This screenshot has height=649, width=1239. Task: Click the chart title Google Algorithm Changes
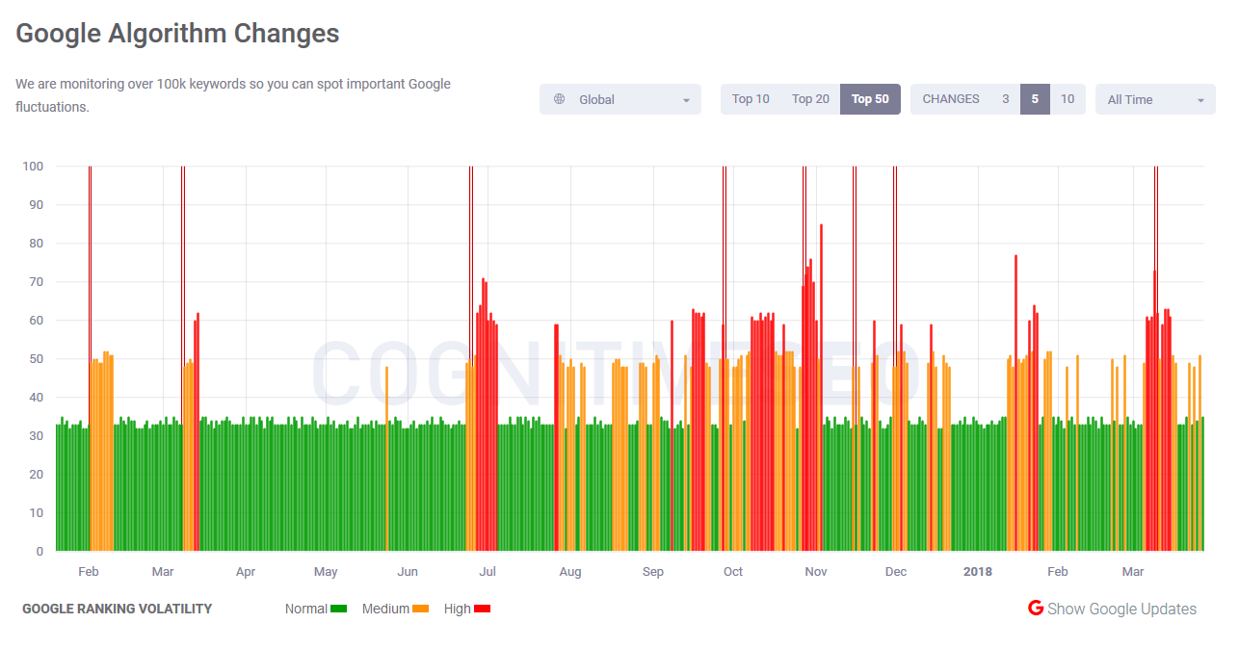177,34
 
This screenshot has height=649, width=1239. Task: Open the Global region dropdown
620,99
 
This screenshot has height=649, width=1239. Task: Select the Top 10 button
751,99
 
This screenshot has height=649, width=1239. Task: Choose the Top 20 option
810,99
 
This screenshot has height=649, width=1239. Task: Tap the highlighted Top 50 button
870,99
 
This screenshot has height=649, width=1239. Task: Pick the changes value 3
1005,99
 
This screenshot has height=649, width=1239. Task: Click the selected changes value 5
1035,99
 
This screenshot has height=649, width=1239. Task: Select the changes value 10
1068,99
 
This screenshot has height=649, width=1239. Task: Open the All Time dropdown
1155,99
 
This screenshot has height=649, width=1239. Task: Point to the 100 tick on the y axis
33,167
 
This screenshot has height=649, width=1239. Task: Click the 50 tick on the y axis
37,359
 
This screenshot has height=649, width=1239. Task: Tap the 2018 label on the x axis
977,572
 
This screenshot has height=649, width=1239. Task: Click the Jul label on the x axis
488,572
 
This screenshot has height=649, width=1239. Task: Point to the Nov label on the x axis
816,572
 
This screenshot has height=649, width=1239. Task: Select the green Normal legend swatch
338,609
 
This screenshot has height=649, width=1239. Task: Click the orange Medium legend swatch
420,609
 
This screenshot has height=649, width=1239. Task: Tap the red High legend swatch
483,609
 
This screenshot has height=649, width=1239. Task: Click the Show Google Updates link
1121,609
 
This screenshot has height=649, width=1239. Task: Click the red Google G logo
1036,609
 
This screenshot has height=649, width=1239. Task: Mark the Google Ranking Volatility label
117,609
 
